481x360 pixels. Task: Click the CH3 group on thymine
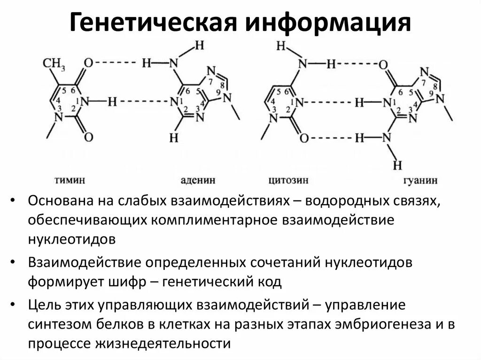click(54, 62)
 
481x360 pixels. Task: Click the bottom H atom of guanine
click(397, 165)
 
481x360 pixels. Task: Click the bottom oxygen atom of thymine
click(89, 137)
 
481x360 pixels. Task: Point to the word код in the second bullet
click(269, 282)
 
